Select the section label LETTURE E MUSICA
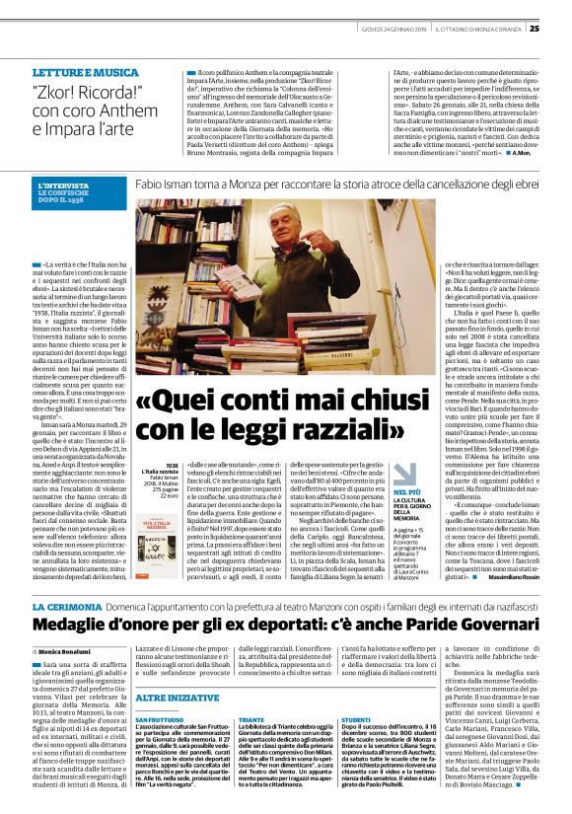click(x=86, y=73)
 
